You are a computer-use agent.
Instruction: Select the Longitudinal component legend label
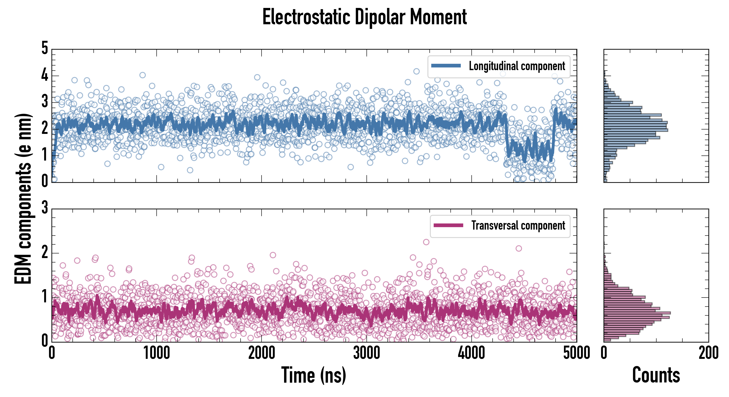pos(517,66)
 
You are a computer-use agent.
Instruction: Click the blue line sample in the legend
pos(446,66)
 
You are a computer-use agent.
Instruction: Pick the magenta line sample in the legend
pos(448,225)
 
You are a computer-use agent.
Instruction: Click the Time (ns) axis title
pos(313,375)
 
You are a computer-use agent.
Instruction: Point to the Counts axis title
pos(656,375)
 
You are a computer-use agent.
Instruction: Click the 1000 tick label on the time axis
pos(156,353)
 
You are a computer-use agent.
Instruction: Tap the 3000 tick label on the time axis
pos(366,353)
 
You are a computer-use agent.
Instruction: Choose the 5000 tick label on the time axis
pos(577,353)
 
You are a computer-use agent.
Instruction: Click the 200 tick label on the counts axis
pos(708,353)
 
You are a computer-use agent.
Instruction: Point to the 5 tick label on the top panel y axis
pos(45,48)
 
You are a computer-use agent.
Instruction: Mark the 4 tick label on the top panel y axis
pos(45,75)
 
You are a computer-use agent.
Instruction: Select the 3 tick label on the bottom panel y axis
pos(45,208)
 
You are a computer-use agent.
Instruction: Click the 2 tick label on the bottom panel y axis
pos(45,252)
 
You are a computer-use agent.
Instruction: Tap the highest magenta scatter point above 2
pos(426,242)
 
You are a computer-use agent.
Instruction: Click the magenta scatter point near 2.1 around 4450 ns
pos(518,248)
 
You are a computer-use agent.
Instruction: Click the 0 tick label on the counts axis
pos(604,353)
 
